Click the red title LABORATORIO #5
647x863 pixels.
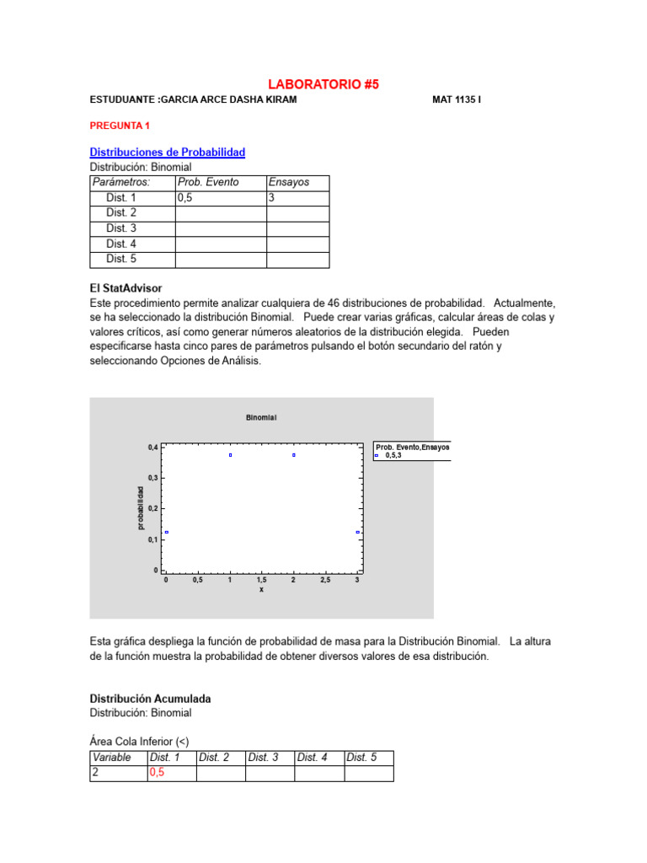click(x=323, y=84)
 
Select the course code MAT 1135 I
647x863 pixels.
click(x=457, y=99)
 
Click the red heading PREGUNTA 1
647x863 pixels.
click(x=120, y=126)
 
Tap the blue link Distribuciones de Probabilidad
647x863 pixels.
click(x=168, y=152)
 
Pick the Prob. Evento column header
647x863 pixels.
click(x=208, y=182)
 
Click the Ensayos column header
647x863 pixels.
click(x=289, y=182)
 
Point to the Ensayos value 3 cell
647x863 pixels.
click(x=272, y=197)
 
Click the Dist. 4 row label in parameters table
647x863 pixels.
click(x=121, y=244)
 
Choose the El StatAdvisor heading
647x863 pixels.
click(x=126, y=287)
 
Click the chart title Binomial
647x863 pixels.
click(x=261, y=417)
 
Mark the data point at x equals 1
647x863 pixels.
click(x=230, y=455)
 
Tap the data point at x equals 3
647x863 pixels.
click(x=357, y=532)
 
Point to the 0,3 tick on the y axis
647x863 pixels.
click(x=152, y=478)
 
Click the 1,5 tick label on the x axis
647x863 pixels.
click(x=261, y=580)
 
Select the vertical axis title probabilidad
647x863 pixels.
click(x=141, y=508)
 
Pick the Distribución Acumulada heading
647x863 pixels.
click(x=150, y=699)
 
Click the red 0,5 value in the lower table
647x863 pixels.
click(x=158, y=773)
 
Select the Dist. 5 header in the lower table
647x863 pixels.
click(x=363, y=758)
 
